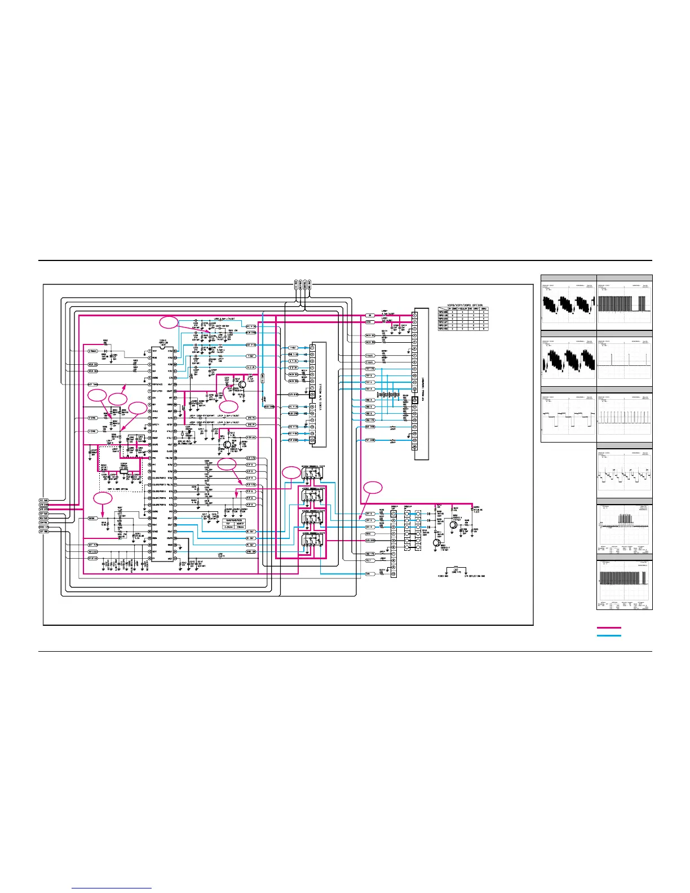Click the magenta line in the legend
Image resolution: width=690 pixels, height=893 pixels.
[609, 627]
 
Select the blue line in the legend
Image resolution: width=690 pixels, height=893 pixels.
[609, 635]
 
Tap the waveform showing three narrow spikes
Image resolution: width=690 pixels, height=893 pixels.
[625, 362]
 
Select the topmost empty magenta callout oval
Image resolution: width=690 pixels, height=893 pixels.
[169, 322]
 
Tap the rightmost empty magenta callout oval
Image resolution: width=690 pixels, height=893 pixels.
[372, 488]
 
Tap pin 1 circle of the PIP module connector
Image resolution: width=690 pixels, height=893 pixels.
[415, 315]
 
